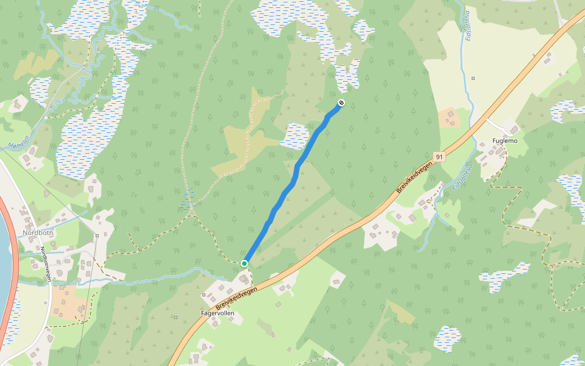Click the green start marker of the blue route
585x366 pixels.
coord(244,264)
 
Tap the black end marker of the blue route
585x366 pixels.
coord(341,102)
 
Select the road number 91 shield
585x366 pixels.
coord(439,157)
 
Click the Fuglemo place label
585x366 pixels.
coord(505,141)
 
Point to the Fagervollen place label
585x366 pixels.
coord(218,313)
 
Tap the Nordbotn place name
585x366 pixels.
coord(38,233)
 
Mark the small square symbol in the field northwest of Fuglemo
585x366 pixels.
coord(473,78)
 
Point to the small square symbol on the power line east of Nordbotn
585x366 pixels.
coord(97,234)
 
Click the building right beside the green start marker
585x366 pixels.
coord(244,279)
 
